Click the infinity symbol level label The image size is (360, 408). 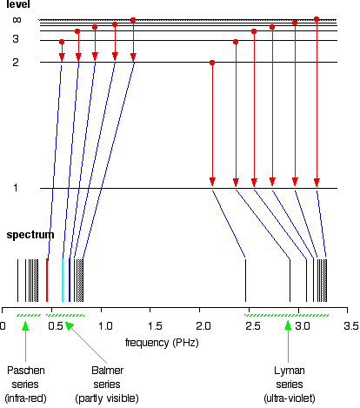point(17,20)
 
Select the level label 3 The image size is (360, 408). point(16,39)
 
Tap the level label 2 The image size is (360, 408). point(16,62)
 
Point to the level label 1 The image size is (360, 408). point(16,188)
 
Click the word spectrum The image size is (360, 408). point(30,235)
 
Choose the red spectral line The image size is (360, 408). point(47,280)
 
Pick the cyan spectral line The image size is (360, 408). point(63,280)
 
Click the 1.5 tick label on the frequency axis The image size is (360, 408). point(155,326)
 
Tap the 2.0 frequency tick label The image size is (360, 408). point(203,326)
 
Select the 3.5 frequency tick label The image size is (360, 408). point(351,326)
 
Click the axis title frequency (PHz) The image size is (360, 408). point(162,343)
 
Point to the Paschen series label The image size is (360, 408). point(25,385)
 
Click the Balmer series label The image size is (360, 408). point(107,385)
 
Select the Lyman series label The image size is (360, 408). point(290,385)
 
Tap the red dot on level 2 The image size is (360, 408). point(212,63)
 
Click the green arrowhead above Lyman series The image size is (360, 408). point(288,325)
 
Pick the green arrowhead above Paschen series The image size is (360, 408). point(25,325)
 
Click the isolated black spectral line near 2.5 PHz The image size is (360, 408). point(246,280)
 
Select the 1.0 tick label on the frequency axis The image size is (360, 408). point(105,326)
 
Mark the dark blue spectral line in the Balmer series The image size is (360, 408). point(70,280)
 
